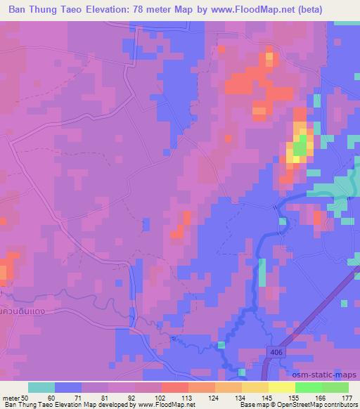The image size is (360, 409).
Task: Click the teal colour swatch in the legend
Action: pyautogui.click(x=41, y=387)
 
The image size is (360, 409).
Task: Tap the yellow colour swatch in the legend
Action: pyautogui.click(x=281, y=387)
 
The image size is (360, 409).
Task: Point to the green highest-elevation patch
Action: pyautogui.click(x=300, y=147)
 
